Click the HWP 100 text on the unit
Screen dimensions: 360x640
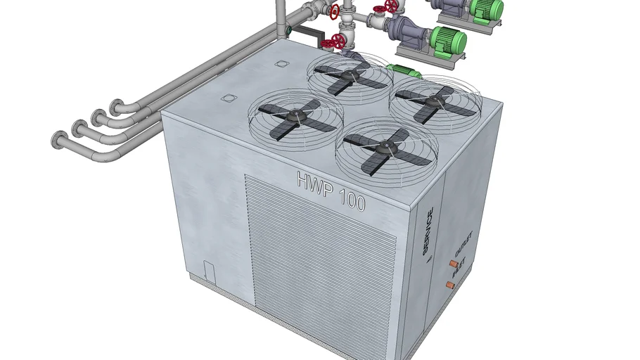pyautogui.click(x=331, y=191)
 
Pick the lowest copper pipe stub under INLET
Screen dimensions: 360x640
pyautogui.click(x=449, y=285)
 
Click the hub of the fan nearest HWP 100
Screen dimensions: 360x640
pyautogui.click(x=386, y=146)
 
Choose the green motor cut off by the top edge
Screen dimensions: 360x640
pyautogui.click(x=487, y=9)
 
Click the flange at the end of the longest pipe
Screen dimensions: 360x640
pyautogui.click(x=56, y=140)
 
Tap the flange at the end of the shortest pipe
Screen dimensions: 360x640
pyautogui.click(x=114, y=108)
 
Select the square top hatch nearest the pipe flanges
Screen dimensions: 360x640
pyautogui.click(x=228, y=98)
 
